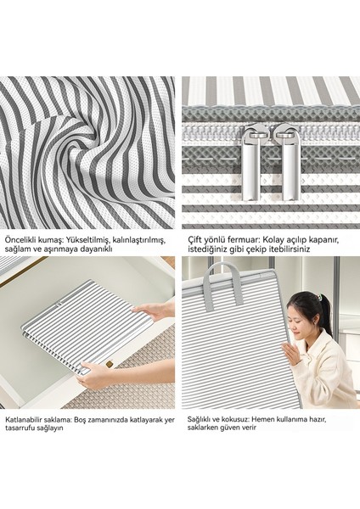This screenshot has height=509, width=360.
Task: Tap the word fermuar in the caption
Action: pyautogui.click(x=245, y=240)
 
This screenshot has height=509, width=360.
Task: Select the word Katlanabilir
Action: pyautogui.click(x=21, y=419)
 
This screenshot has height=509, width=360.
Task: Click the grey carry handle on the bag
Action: pyautogui.click(x=225, y=278)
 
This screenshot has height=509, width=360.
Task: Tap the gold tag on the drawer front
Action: pyautogui.click(x=110, y=363)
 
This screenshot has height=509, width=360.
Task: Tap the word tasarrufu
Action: pyautogui.click(x=19, y=428)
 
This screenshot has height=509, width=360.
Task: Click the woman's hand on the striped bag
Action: pyautogui.click(x=290, y=354)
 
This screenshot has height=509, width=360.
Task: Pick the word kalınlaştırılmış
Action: pyautogui.click(x=140, y=240)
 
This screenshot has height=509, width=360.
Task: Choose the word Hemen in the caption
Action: pyautogui.click(x=263, y=419)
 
